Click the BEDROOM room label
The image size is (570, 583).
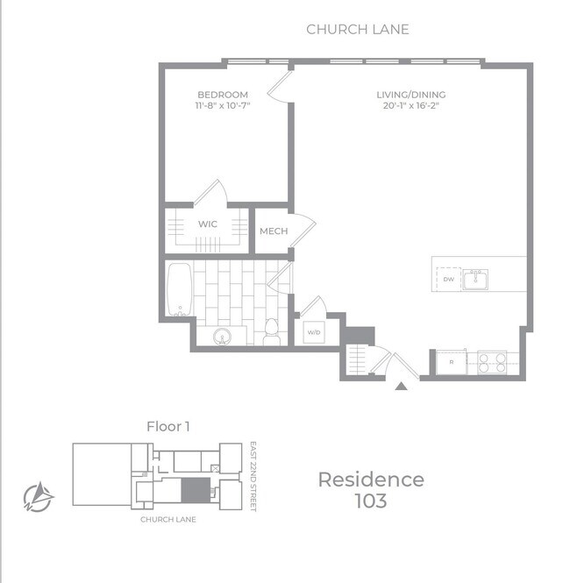tap(223, 95)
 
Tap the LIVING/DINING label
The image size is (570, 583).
tap(411, 95)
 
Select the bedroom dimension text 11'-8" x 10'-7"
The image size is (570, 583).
tap(223, 105)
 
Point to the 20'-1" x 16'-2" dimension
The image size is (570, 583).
tap(411, 105)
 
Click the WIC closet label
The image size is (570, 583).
tap(208, 224)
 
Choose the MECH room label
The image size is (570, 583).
tap(274, 231)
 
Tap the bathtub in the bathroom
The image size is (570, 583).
tap(180, 289)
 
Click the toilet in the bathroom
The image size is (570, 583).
tap(272, 331)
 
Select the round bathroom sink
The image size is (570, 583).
tap(223, 337)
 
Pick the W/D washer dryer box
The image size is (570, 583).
tap(314, 332)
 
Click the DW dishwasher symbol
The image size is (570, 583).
tap(448, 280)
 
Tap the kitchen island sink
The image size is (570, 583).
tap(475, 280)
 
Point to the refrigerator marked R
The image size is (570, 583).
tap(452, 362)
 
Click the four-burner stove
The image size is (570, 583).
tap(492, 363)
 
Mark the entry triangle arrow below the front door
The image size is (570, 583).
tap(401, 387)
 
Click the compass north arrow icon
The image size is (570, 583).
tap(39, 497)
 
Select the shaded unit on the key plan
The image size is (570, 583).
tap(196, 490)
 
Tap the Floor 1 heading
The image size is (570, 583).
tap(168, 426)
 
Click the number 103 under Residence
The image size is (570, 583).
tap(371, 501)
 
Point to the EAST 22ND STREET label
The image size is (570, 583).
tap(253, 477)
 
